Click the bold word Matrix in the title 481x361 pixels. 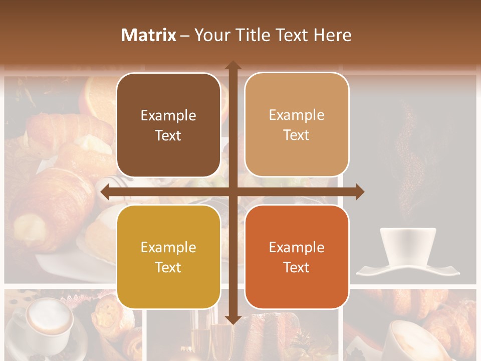click(149, 35)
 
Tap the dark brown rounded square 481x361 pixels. click(168, 125)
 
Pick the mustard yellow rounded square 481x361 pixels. click(168, 257)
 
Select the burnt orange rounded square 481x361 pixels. click(297, 257)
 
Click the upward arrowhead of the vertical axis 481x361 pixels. click(232, 65)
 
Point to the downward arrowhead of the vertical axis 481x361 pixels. click(232, 319)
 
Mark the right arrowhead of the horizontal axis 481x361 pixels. click(360, 192)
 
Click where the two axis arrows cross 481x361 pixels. click(232, 192)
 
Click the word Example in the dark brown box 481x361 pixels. click(168, 116)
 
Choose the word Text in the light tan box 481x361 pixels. click(297, 135)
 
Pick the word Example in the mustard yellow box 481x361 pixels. click(168, 247)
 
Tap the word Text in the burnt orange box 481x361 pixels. click(297, 267)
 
